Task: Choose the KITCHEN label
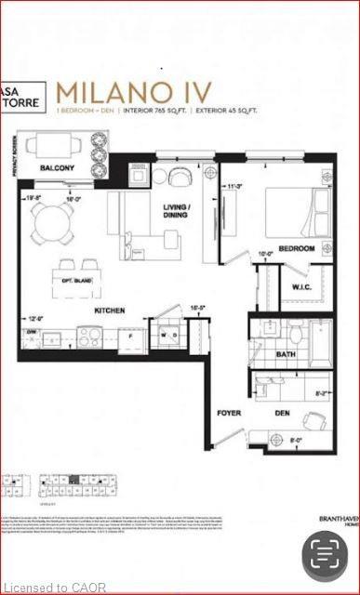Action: pos(110,313)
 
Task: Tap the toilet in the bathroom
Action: pos(297,332)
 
